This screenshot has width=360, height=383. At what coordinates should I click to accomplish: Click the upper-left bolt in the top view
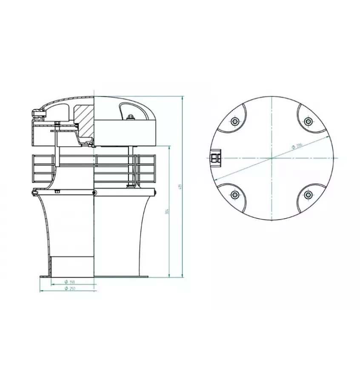point(234,122)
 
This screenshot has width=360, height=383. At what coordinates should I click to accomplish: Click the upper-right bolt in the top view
point(308,122)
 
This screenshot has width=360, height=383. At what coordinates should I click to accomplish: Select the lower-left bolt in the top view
point(234,195)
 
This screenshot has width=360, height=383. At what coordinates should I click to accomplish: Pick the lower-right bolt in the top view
point(308,195)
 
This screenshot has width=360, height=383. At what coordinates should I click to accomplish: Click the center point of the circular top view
point(271,158)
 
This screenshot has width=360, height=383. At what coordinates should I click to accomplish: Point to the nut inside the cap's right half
point(130,118)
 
